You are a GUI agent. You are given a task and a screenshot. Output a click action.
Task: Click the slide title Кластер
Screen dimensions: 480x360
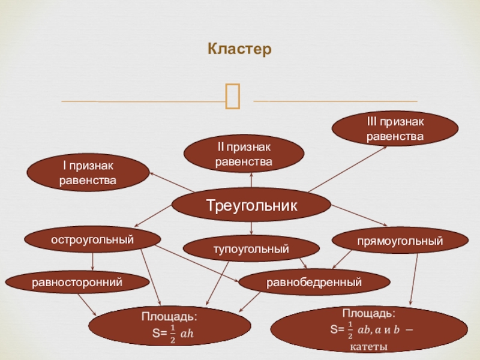click(x=240, y=49)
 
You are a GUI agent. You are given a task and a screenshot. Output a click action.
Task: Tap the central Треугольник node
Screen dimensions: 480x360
click(x=251, y=205)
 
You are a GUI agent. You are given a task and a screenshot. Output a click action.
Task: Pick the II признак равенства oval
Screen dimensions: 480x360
click(x=244, y=154)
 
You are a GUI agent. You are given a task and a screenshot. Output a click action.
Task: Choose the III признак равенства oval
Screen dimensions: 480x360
click(x=395, y=130)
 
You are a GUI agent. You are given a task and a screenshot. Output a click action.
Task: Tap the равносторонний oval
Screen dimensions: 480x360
click(x=77, y=280)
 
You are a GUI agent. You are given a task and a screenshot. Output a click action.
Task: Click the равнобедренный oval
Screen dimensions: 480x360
click(x=314, y=281)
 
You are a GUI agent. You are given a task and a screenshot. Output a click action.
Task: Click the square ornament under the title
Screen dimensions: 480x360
click(x=233, y=96)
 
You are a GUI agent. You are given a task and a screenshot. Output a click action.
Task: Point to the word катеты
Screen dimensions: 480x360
click(x=367, y=347)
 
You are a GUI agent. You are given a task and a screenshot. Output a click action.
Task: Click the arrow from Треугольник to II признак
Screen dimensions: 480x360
click(x=251, y=182)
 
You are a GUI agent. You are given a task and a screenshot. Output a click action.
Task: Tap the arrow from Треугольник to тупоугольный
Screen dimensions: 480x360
click(x=251, y=227)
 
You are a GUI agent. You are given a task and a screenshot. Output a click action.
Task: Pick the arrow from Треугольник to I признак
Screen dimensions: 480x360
click(x=171, y=182)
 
